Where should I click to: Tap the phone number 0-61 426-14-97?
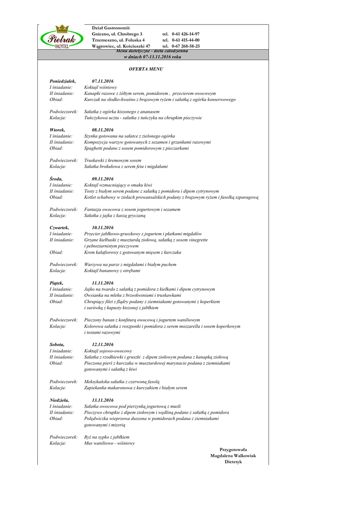pyautogui.click(x=185, y=34)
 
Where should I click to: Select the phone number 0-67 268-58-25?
pyautogui.click(x=185, y=46)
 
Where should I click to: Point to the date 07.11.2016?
pyautogui.click(x=103, y=81)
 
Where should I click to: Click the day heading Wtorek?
pyautogui.click(x=57, y=130)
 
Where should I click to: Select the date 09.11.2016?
pyautogui.click(x=103, y=179)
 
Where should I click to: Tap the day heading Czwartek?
pyautogui.click(x=59, y=228)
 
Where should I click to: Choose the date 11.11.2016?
pyautogui.click(x=103, y=283)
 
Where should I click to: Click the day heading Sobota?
pyautogui.click(x=57, y=344)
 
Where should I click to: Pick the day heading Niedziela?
pyautogui.click(x=59, y=400)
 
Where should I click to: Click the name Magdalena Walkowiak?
pyautogui.click(x=233, y=455)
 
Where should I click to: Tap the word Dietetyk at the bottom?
pyautogui.click(x=233, y=462)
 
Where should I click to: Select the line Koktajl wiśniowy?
pyautogui.click(x=104, y=87)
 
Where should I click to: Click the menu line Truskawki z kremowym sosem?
pyautogui.click(x=112, y=161)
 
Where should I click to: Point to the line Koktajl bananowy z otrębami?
pyautogui.click(x=112, y=271)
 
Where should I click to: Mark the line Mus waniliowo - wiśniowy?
pyautogui.click(x=109, y=443)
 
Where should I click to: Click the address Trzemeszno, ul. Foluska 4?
pyautogui.click(x=118, y=40)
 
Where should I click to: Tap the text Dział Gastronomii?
pyautogui.click(x=111, y=28)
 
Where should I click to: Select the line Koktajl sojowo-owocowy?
pyautogui.click(x=108, y=350)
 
